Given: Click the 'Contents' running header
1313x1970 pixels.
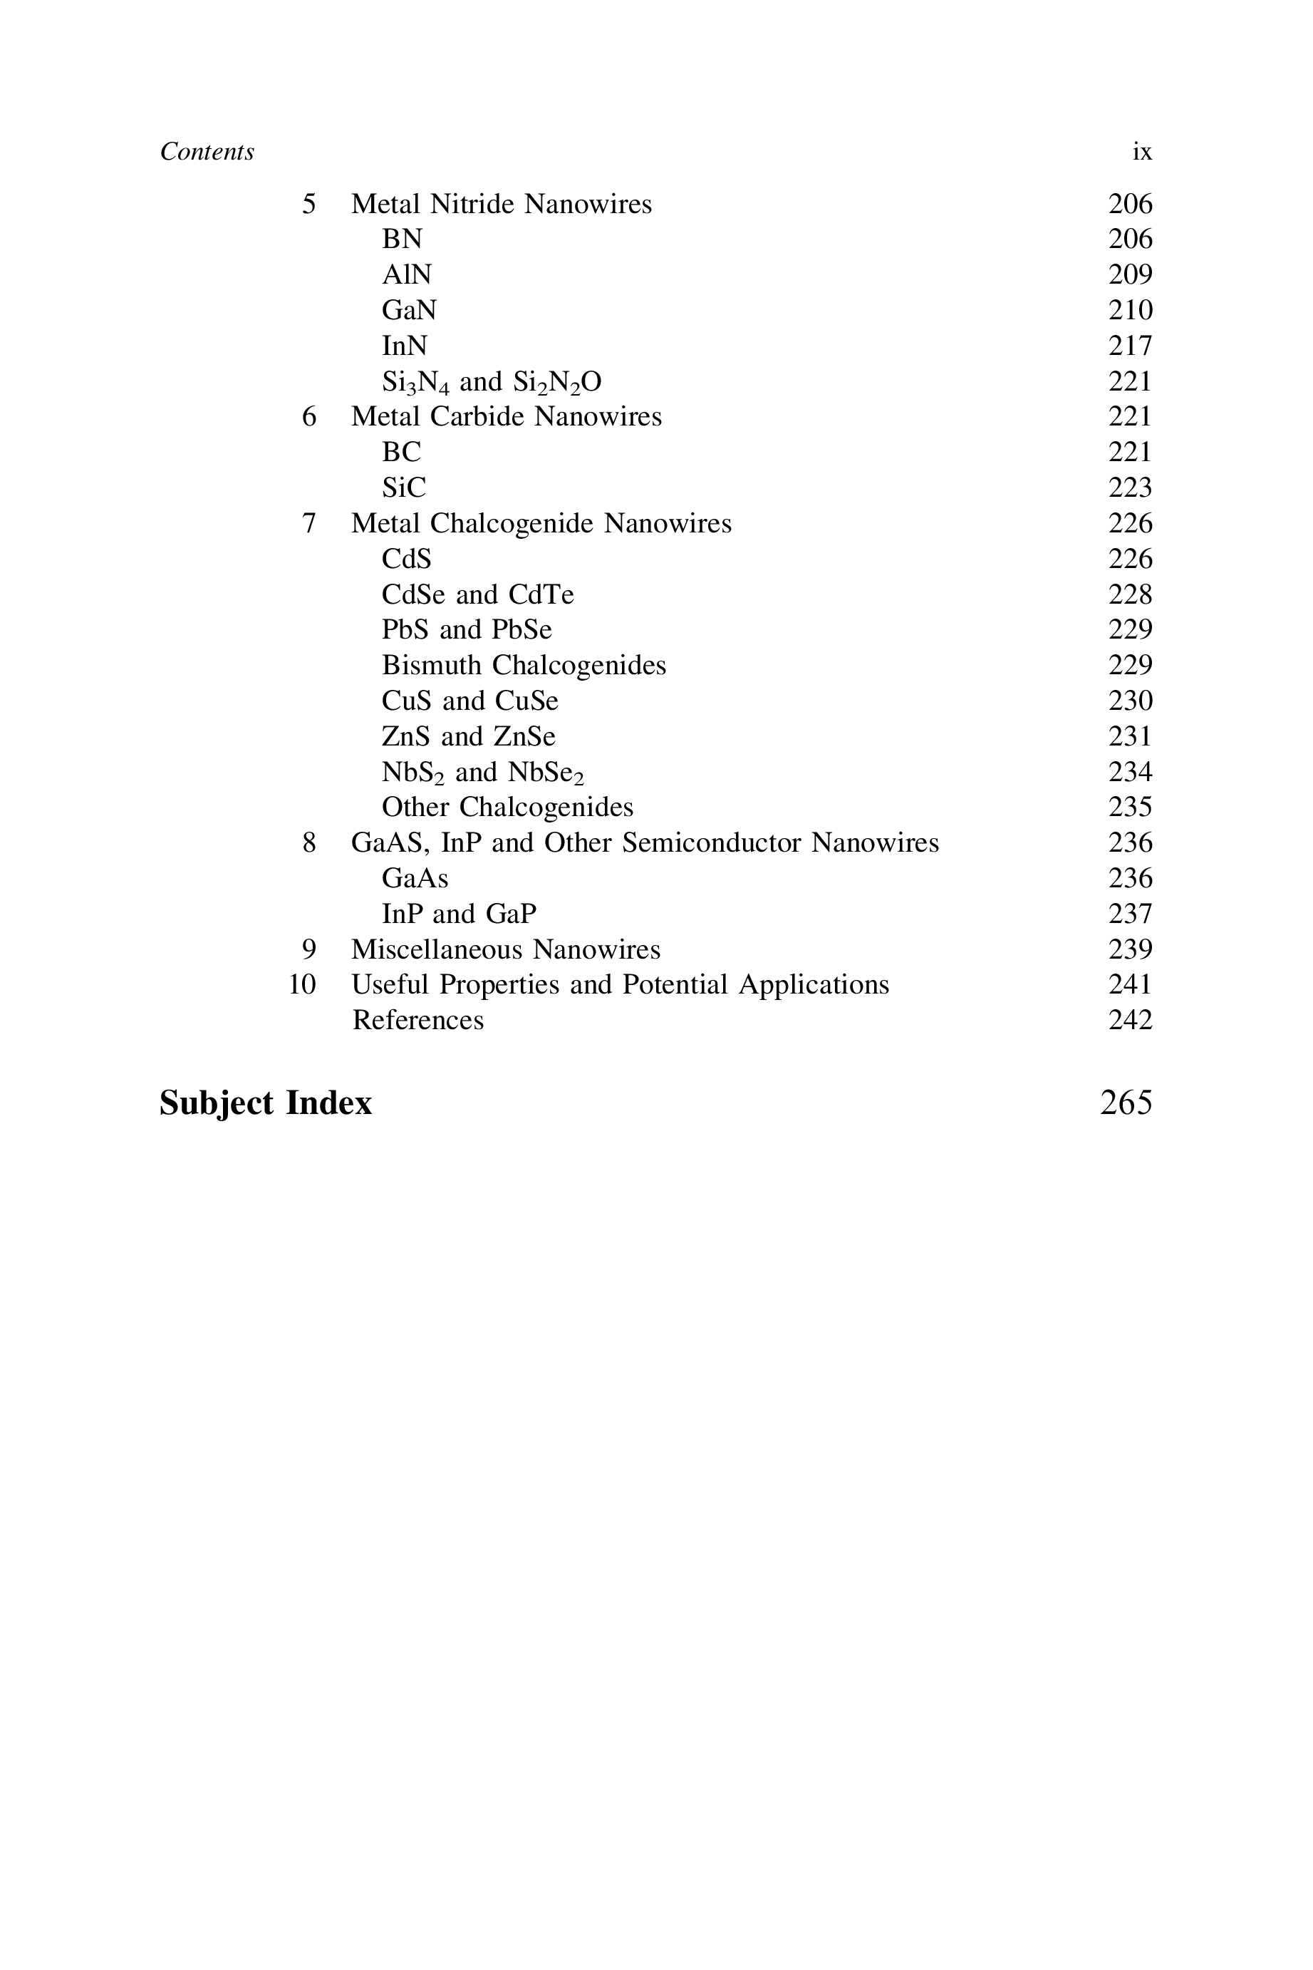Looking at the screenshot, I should pyautogui.click(x=207, y=152).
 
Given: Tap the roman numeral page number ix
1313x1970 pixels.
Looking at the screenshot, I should pyautogui.click(x=1141, y=152).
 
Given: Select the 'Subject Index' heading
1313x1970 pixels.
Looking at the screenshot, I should pyautogui.click(x=266, y=1103).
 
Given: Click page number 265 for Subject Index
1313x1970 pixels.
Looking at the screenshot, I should pyautogui.click(x=1126, y=1103).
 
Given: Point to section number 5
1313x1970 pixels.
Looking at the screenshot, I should pyautogui.click(x=309, y=204).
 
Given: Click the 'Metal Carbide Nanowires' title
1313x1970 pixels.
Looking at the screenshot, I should pyautogui.click(x=506, y=416).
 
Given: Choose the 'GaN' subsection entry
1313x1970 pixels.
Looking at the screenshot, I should pyautogui.click(x=409, y=310).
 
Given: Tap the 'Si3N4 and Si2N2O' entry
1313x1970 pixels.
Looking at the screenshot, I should pyautogui.click(x=492, y=382).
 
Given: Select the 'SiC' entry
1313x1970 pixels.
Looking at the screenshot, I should pyautogui.click(x=404, y=488).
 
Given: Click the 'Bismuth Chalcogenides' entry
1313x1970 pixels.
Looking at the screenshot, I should pyautogui.click(x=524, y=665).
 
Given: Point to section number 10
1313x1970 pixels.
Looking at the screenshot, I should pyautogui.click(x=302, y=984).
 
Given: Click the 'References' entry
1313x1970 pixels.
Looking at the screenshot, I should pyautogui.click(x=418, y=1020).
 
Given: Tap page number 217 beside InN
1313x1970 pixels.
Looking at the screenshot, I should pyautogui.click(x=1130, y=345).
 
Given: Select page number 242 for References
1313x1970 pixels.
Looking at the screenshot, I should pyautogui.click(x=1130, y=1020).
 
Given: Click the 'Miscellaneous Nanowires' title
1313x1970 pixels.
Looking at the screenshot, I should pyautogui.click(x=506, y=949).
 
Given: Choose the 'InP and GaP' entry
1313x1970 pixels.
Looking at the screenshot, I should pyautogui.click(x=459, y=913).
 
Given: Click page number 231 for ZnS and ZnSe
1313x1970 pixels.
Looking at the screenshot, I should pyautogui.click(x=1130, y=736).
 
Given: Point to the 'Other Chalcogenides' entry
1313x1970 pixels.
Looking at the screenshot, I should pyautogui.click(x=507, y=807).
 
